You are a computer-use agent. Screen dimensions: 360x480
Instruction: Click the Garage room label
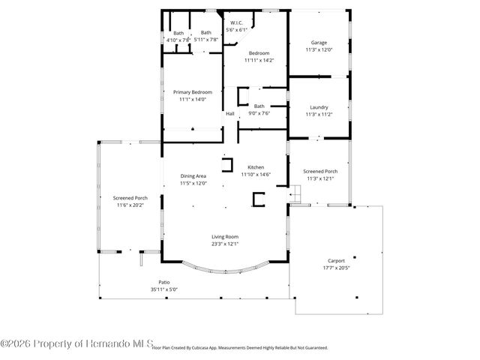click(319, 43)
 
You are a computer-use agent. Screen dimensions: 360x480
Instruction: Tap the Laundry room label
click(319, 107)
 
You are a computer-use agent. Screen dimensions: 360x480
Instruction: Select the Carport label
click(336, 262)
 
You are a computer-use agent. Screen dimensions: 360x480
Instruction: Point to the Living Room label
click(224, 237)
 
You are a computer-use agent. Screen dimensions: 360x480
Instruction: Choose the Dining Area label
click(193, 176)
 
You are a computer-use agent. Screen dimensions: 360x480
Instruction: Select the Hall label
click(230, 113)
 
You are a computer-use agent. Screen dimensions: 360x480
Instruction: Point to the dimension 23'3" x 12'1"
click(224, 244)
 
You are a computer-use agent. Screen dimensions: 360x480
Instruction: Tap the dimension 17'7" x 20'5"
click(336, 268)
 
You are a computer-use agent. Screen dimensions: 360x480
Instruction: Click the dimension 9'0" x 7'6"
click(259, 113)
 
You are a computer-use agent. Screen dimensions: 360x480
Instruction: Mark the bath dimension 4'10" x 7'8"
click(178, 39)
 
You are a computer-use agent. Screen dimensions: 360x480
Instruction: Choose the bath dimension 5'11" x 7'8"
click(205, 39)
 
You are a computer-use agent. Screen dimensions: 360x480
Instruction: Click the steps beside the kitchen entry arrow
click(298, 196)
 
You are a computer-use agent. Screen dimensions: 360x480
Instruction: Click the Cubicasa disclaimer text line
click(240, 348)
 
